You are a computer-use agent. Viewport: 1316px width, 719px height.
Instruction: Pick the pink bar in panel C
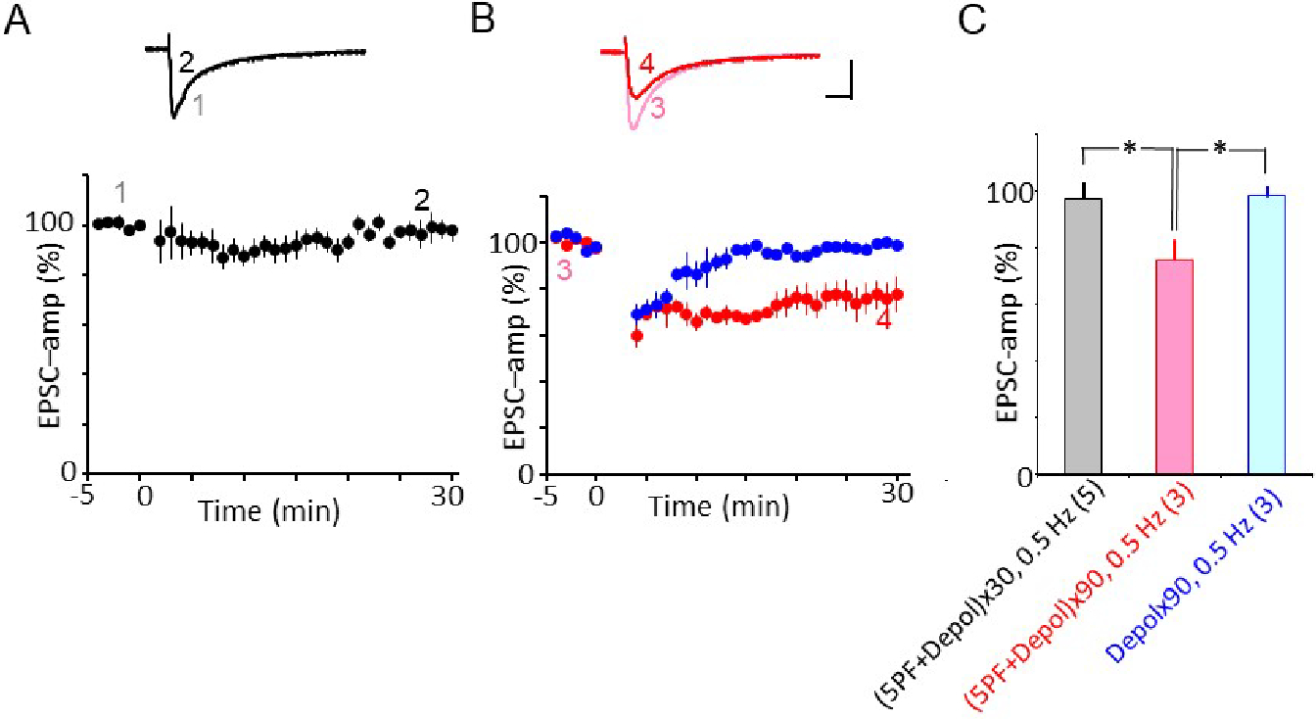point(1174,366)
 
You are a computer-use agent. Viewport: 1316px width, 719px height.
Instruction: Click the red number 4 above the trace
point(646,66)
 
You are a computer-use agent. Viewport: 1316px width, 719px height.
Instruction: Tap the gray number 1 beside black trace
point(198,106)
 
